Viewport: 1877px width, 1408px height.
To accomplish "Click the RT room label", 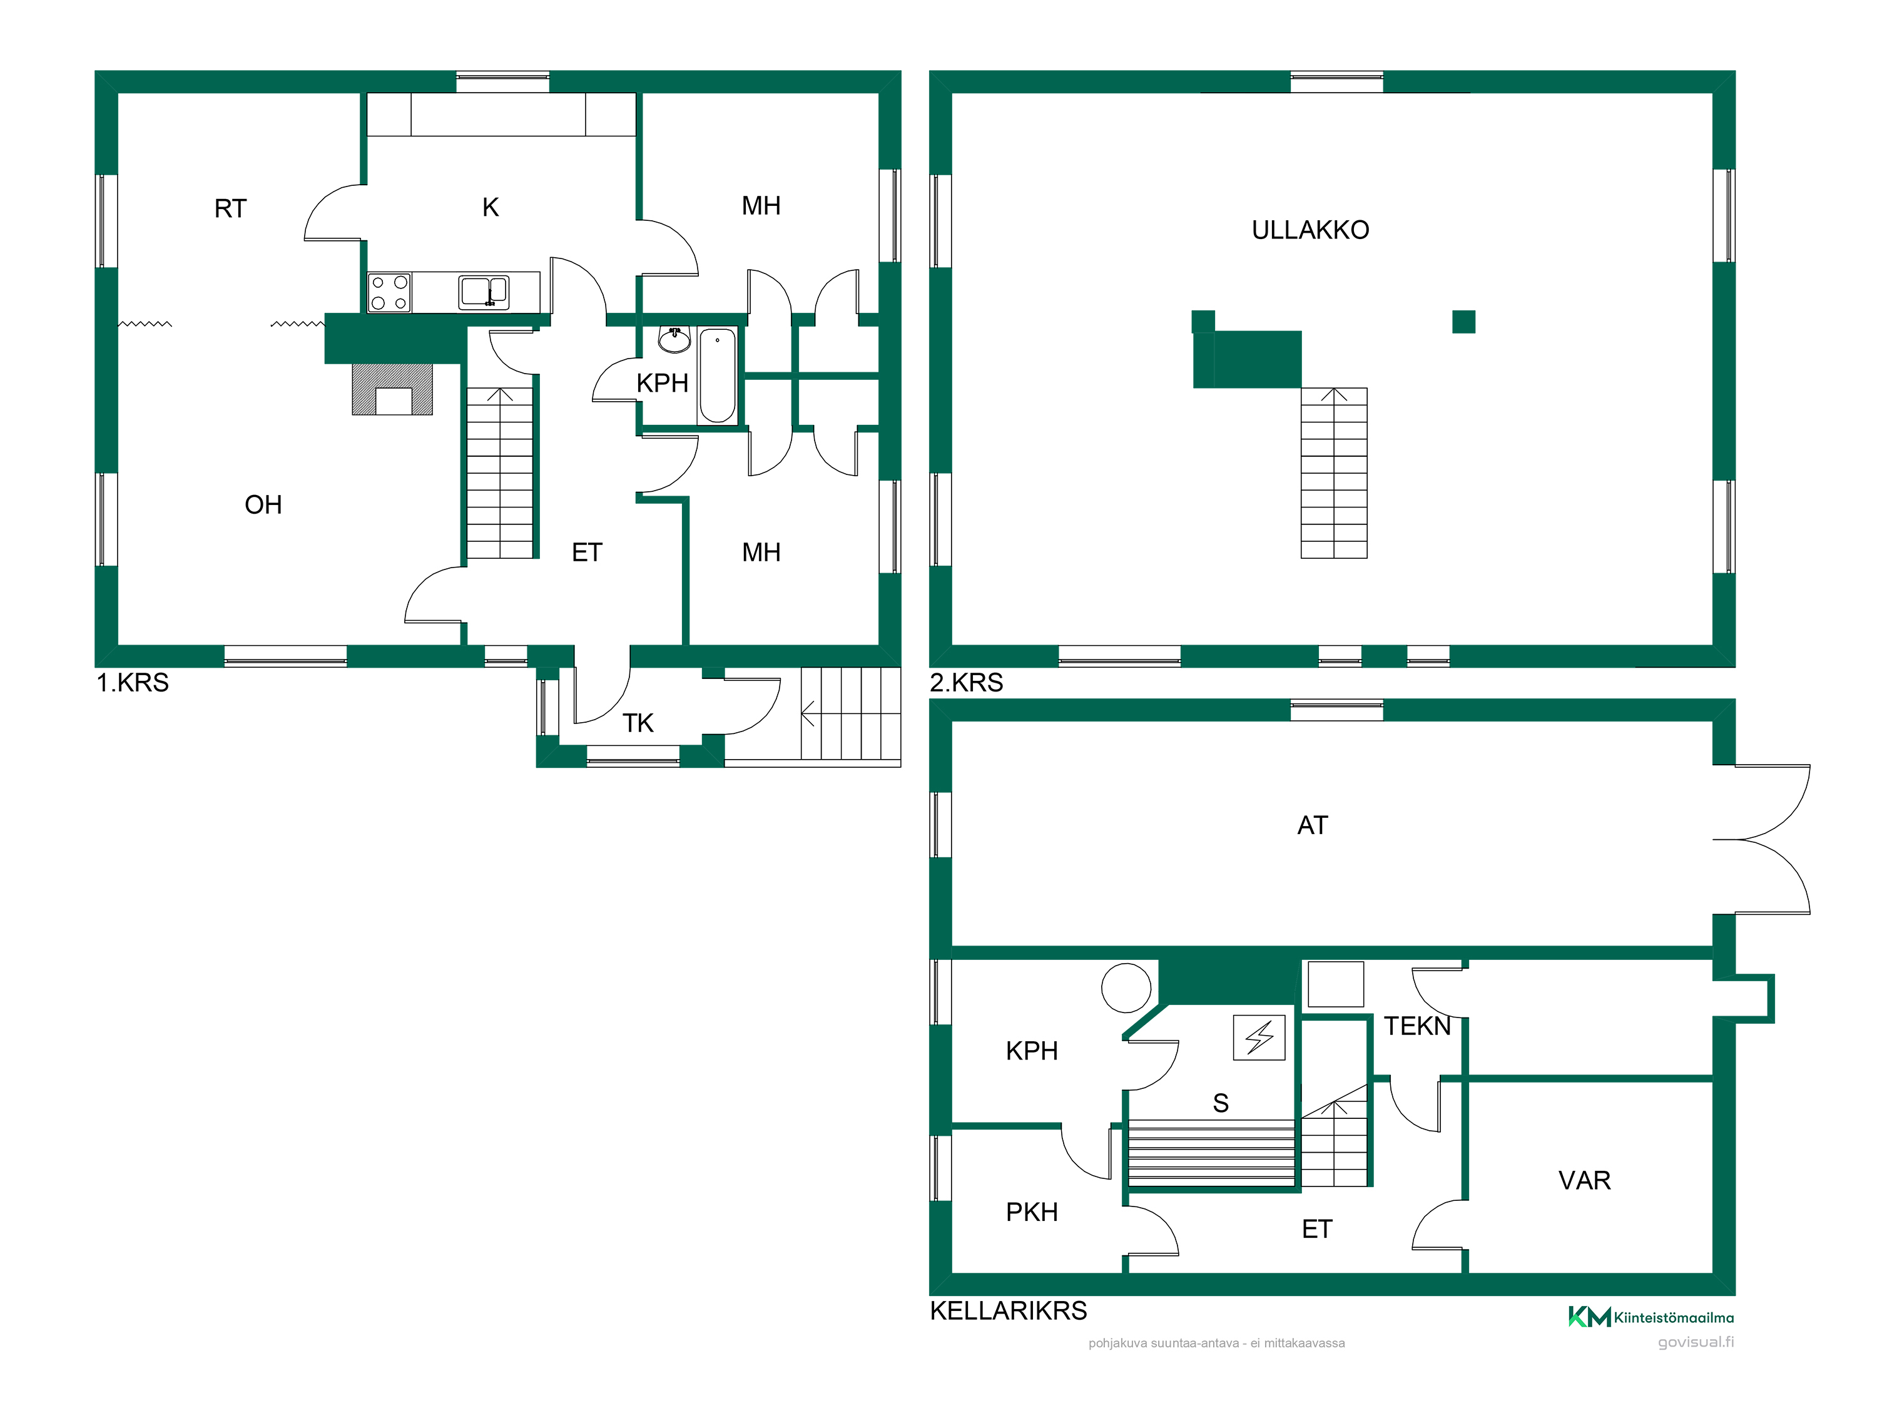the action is (x=230, y=209).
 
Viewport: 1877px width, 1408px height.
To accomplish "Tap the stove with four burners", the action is (x=390, y=293).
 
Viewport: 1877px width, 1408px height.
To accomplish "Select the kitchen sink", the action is (x=484, y=292).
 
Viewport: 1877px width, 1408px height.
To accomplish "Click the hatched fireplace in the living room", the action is (x=392, y=390).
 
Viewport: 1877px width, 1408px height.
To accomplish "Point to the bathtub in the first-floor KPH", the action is (x=717, y=375).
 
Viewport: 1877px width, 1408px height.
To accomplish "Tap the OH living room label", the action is (x=263, y=505).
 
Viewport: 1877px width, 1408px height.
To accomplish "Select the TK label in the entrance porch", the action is (x=638, y=723).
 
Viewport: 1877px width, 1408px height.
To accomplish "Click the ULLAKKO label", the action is (x=1310, y=230).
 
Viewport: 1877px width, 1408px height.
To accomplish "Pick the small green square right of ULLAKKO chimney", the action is (x=1464, y=322).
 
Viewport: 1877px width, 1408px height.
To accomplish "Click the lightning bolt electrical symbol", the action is (x=1259, y=1037).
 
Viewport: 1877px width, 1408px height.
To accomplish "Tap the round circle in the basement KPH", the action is (x=1126, y=988).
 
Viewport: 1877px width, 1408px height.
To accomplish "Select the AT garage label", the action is (x=1312, y=826).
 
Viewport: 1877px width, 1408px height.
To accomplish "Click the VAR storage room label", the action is (x=1584, y=1181).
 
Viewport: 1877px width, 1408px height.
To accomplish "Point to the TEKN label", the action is (x=1417, y=1026).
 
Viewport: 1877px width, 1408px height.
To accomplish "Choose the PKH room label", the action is (x=1032, y=1212).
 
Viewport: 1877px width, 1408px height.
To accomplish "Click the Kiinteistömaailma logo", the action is (x=1651, y=1317).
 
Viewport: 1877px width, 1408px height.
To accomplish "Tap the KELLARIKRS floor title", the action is (x=1008, y=1310).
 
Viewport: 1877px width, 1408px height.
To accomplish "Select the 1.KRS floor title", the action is (x=133, y=682).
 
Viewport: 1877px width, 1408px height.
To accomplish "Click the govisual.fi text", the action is (x=1696, y=1342).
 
